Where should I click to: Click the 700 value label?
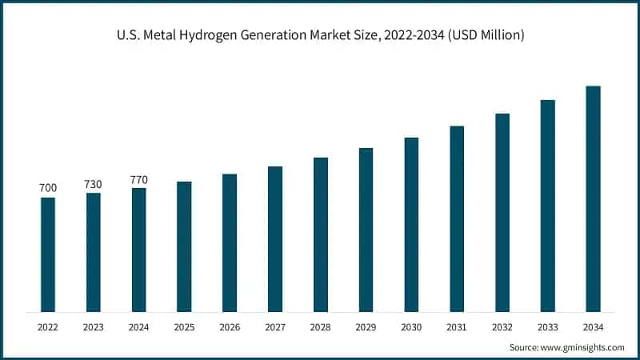pyautogui.click(x=48, y=188)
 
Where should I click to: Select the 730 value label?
pyautogui.click(x=94, y=184)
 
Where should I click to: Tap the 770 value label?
pyautogui.click(x=138, y=179)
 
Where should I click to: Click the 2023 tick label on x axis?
pyautogui.click(x=94, y=326)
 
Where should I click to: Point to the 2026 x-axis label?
pyautogui.click(x=230, y=326)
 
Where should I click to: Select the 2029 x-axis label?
pyautogui.click(x=366, y=326)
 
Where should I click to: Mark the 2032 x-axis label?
pyautogui.click(x=502, y=326)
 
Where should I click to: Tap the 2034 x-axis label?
pyautogui.click(x=593, y=326)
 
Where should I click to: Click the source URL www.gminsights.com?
pyautogui.click(x=583, y=347)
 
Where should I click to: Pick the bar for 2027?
pyautogui.click(x=275, y=239)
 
